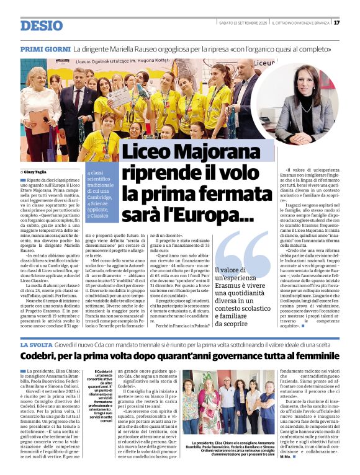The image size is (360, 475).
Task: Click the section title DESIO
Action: [42, 25]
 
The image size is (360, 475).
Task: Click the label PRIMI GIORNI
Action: [44, 48]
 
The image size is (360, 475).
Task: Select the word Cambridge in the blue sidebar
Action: [100, 197]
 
